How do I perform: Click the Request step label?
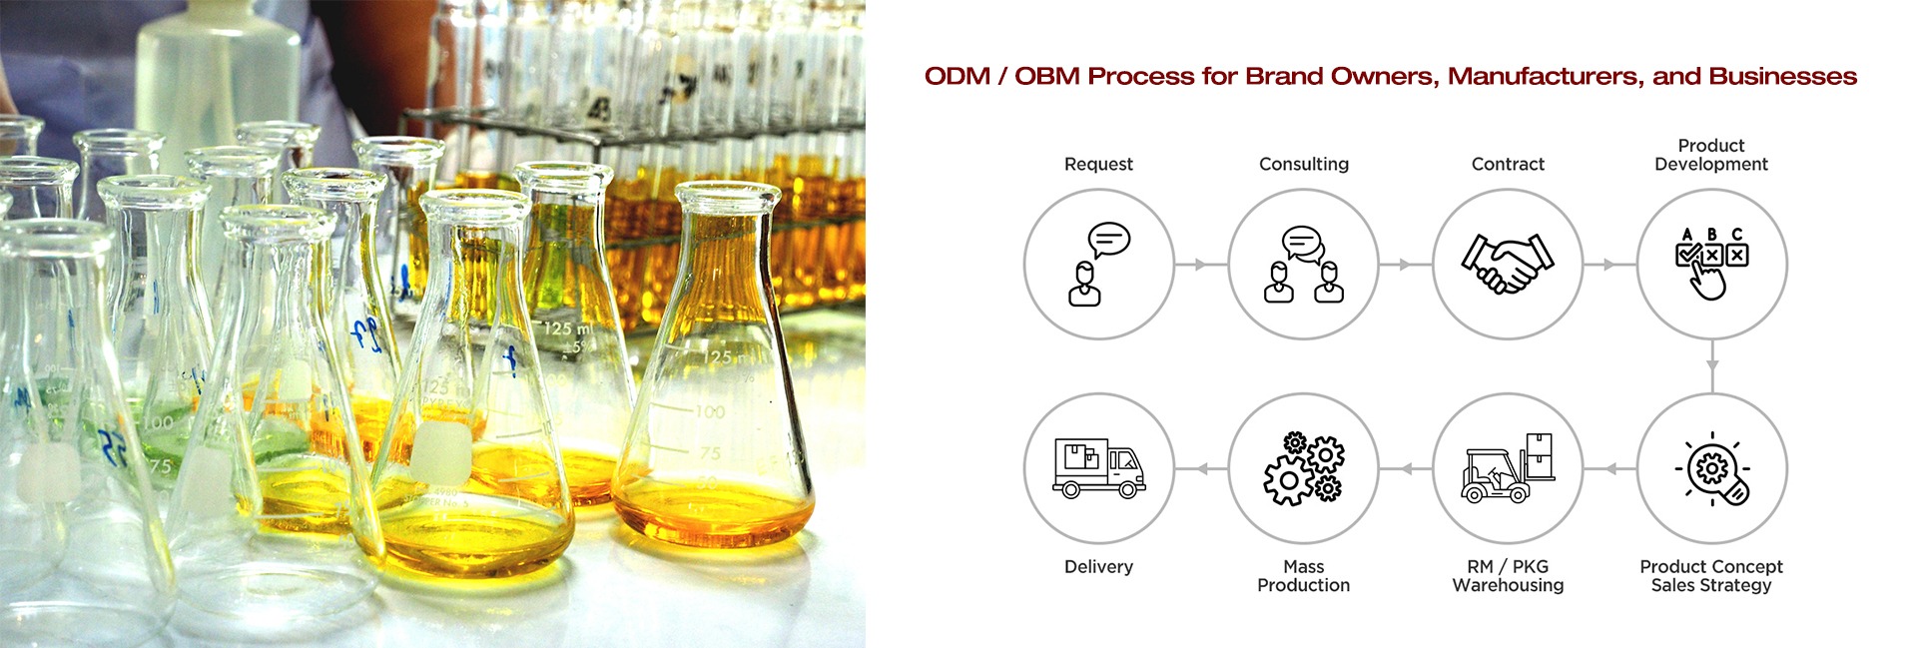click(x=1098, y=164)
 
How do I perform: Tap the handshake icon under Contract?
click(x=1508, y=264)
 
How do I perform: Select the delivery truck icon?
click(x=1098, y=468)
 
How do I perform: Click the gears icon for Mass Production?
click(x=1304, y=469)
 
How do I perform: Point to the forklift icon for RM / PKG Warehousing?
click(x=1508, y=467)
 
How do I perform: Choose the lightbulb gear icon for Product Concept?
click(x=1712, y=469)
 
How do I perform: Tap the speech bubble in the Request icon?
click(x=1109, y=240)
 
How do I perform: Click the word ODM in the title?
click(x=958, y=76)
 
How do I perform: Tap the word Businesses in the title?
click(x=1783, y=76)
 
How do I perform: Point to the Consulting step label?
click(x=1304, y=164)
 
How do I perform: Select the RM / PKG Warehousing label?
click(x=1508, y=576)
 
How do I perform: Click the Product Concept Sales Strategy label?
click(x=1711, y=576)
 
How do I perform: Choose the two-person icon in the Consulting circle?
click(x=1304, y=265)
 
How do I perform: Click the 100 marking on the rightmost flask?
click(x=710, y=410)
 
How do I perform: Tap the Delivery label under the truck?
click(x=1098, y=566)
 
